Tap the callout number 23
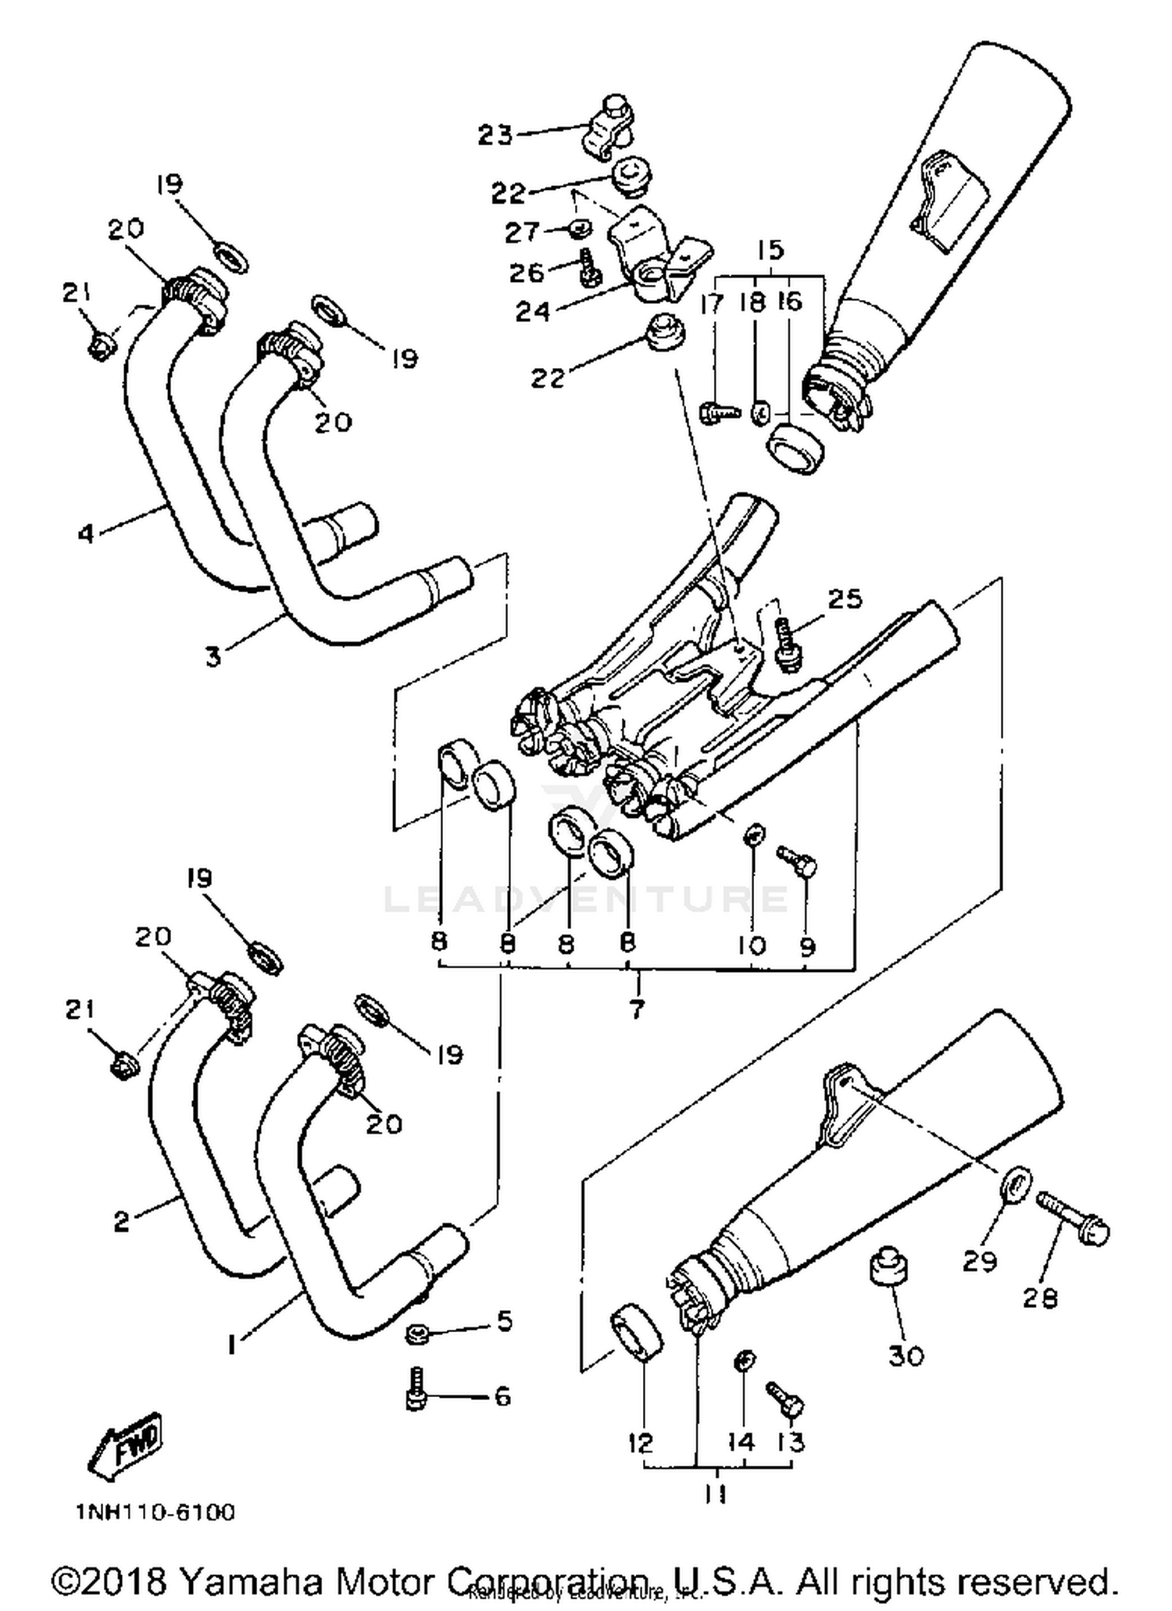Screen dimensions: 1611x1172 495,135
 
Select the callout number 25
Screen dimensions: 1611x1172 844,599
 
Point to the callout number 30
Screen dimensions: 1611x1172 906,1356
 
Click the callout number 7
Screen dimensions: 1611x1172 636,1009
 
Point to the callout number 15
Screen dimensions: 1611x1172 770,250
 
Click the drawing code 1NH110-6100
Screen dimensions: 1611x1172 155,1513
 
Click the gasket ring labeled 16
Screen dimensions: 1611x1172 795,449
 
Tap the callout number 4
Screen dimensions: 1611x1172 86,534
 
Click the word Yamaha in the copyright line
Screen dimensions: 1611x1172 251,1581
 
